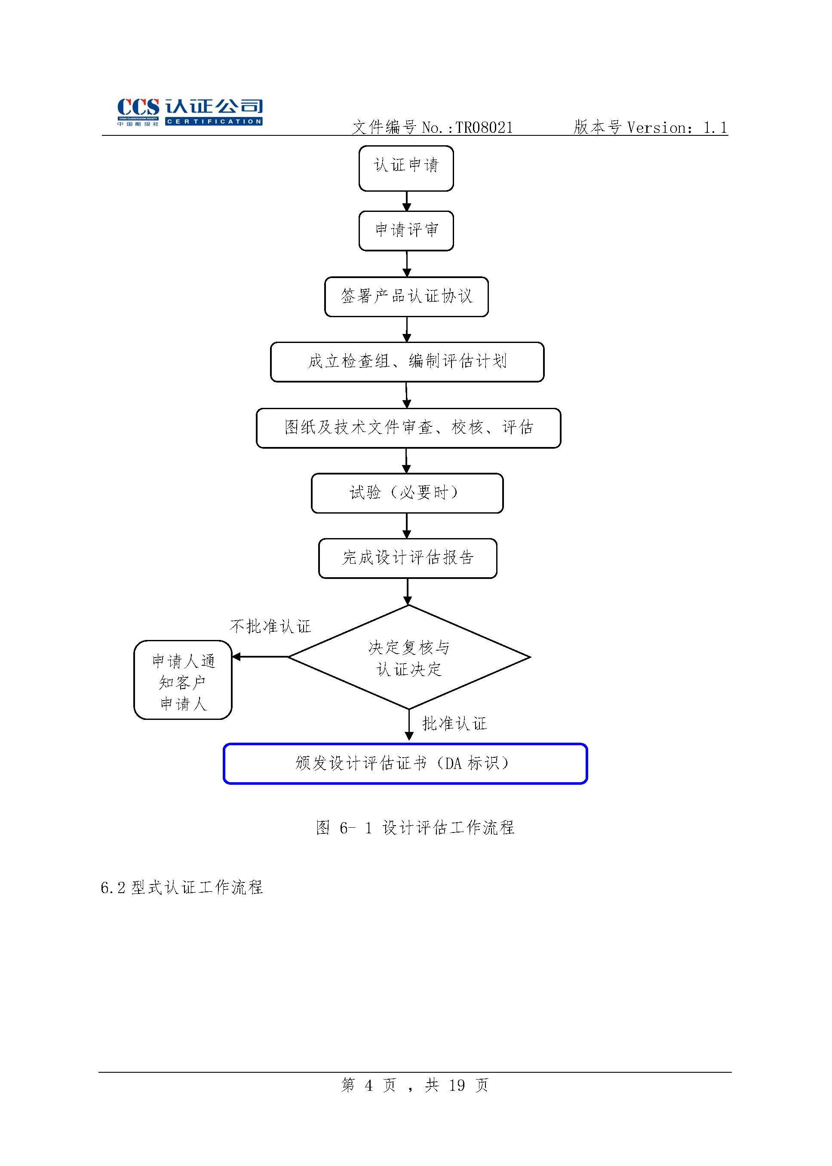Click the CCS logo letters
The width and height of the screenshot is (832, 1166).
(138, 107)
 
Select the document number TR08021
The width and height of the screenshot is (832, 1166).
(484, 128)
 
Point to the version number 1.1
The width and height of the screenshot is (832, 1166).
(715, 128)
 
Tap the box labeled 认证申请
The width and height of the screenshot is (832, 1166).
(406, 168)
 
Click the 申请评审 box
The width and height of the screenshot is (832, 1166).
(406, 230)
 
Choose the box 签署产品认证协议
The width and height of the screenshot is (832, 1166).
(406, 297)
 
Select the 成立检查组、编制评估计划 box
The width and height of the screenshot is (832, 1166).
(407, 361)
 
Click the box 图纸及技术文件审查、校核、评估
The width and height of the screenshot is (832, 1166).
(408, 428)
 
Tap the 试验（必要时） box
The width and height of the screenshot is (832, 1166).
(407, 493)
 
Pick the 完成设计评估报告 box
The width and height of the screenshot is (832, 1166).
(408, 558)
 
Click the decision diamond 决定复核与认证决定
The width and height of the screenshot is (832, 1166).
(409, 657)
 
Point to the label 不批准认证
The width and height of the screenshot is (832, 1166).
(270, 626)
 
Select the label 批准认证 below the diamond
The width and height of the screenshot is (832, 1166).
(454, 724)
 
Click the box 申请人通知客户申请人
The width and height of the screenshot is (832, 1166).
(183, 680)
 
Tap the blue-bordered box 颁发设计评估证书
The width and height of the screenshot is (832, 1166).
(405, 763)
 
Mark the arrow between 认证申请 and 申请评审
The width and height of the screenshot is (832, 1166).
(407, 201)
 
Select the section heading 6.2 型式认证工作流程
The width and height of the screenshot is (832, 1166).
(182, 888)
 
